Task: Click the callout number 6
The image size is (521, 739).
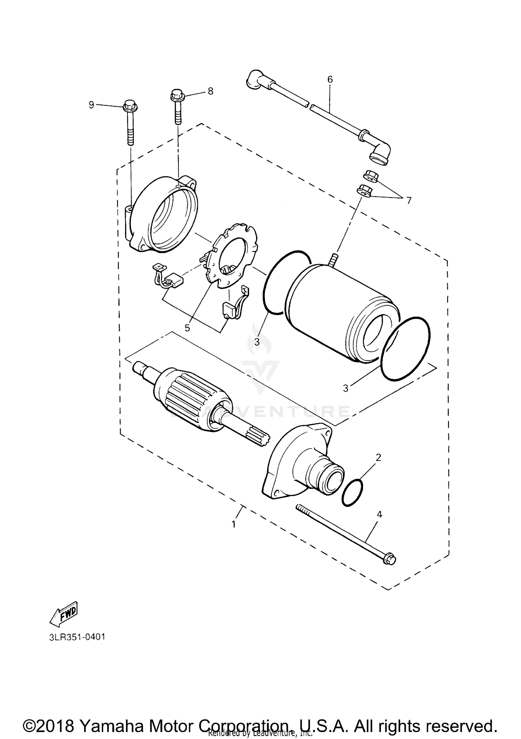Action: (x=330, y=80)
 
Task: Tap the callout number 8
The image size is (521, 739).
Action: (x=210, y=91)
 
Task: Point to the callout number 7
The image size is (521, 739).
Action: (x=409, y=200)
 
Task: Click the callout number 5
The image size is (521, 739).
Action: (x=187, y=328)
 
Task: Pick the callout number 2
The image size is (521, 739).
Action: (x=379, y=457)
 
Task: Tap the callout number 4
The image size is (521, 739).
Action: (x=379, y=515)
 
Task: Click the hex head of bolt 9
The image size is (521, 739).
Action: (x=129, y=105)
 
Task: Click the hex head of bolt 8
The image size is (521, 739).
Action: (x=176, y=94)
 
